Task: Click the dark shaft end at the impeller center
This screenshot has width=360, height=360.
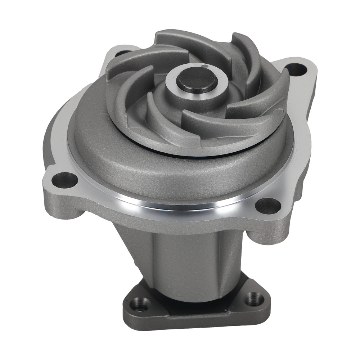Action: [x=197, y=78]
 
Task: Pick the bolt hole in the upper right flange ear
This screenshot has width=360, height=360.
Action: [x=297, y=69]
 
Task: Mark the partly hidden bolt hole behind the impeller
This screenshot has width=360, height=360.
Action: [x=121, y=53]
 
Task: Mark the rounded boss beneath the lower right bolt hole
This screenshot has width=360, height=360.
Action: [x=265, y=234]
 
